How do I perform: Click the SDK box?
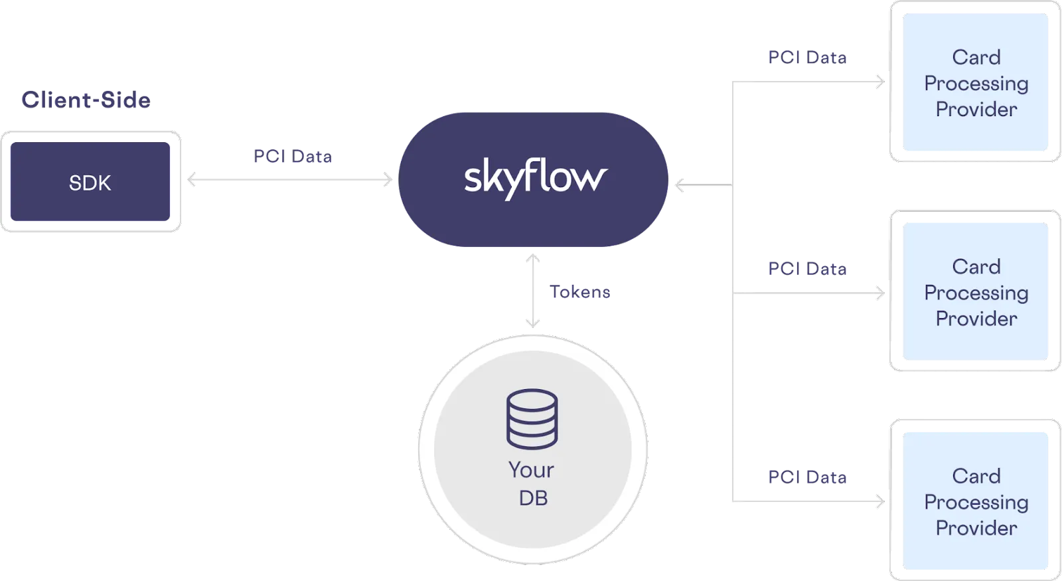coord(90,182)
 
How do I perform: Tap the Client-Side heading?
coord(86,100)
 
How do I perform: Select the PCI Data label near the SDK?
coord(293,157)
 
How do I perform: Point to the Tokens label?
coord(579,292)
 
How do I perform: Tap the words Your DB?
coord(532,483)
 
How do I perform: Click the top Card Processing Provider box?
coord(976,83)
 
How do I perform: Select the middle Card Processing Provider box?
coord(976,292)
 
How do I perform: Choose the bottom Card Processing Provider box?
coord(976,501)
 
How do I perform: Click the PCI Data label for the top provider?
coord(807,57)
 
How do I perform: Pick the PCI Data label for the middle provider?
coord(807,269)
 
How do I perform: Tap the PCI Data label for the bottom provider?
coord(807,476)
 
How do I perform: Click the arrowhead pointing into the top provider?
coord(881,83)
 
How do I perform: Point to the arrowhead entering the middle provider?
coord(881,292)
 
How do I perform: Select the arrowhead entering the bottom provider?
coord(881,502)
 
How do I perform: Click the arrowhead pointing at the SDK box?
coord(191,180)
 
